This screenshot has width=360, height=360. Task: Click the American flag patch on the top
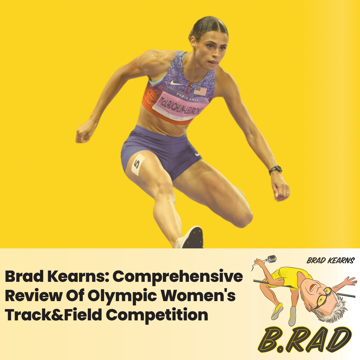[x=200, y=91]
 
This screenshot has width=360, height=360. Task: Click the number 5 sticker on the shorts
[x=138, y=164]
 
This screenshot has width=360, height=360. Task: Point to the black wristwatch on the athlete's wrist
[x=275, y=170]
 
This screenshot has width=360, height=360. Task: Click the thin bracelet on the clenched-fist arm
[x=94, y=119]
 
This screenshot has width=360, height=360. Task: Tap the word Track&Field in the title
[x=53, y=315]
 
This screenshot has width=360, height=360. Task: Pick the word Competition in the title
[x=157, y=315]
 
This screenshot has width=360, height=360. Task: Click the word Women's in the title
[x=198, y=296]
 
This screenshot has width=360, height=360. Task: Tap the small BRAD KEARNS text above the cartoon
[x=331, y=261]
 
